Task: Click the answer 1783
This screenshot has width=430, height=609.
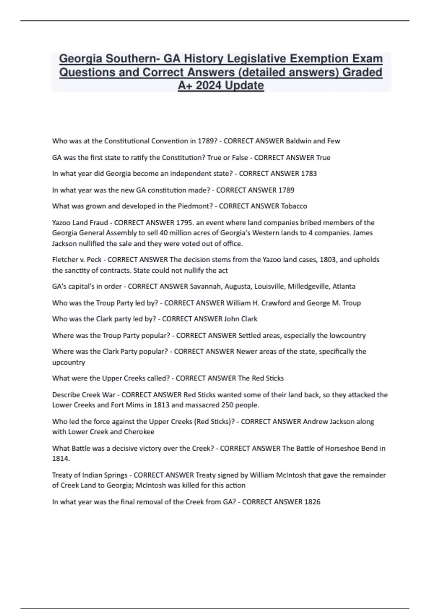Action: click(309, 174)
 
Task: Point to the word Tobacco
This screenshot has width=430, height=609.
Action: click(294, 206)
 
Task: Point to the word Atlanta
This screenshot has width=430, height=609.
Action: click(344, 287)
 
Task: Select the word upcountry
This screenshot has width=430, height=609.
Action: click(68, 362)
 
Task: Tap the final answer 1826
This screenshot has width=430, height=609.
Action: click(312, 502)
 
